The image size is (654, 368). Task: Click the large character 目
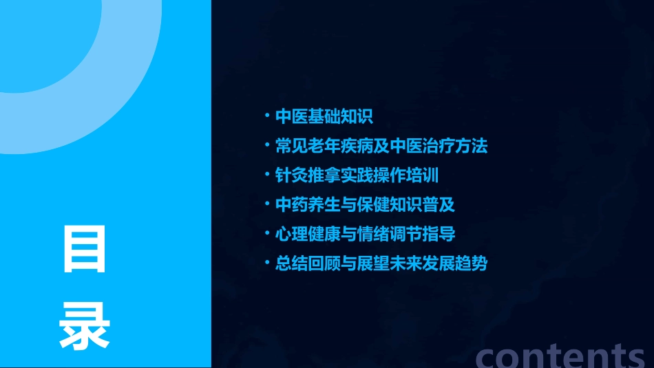click(x=85, y=249)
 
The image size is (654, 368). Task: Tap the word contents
click(x=560, y=356)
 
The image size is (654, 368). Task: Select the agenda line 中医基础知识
click(x=324, y=116)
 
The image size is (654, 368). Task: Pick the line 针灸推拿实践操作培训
click(x=357, y=175)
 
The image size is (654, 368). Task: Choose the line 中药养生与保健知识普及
click(x=365, y=205)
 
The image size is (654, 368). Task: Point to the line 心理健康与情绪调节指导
click(x=365, y=234)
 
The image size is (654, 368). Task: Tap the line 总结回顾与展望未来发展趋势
click(x=381, y=263)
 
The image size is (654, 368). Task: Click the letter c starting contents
click(x=487, y=357)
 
